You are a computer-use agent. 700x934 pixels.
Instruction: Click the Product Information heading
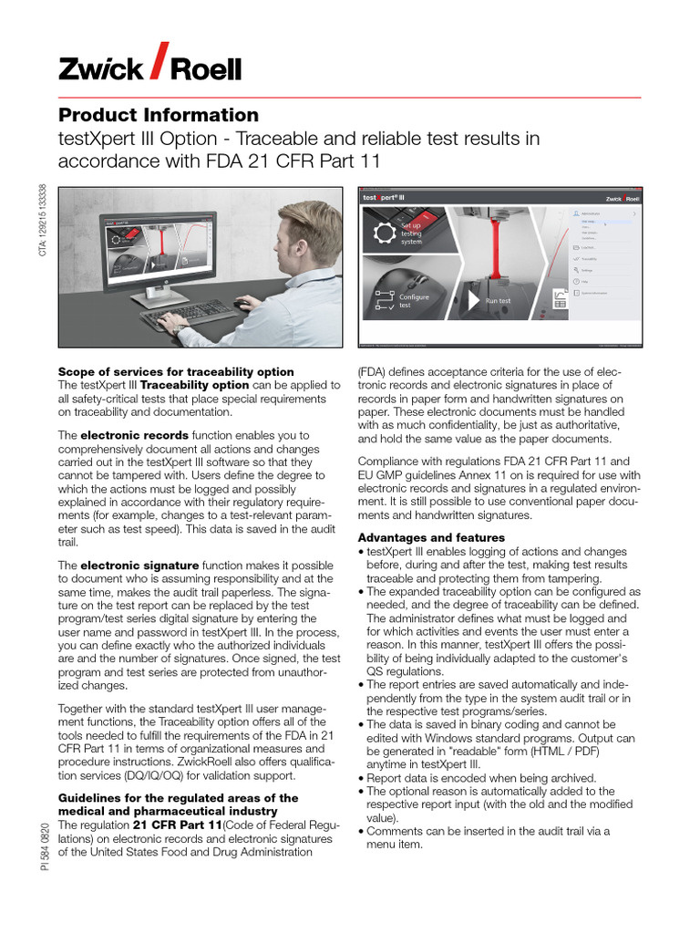coord(159,115)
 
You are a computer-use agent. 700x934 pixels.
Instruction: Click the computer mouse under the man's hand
coord(243,304)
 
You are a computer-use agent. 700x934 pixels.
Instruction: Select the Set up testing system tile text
coord(412,233)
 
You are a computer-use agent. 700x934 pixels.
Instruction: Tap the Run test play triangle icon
coord(472,300)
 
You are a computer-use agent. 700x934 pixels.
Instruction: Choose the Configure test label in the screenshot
coord(414,301)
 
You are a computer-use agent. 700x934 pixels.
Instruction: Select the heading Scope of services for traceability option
coord(176,371)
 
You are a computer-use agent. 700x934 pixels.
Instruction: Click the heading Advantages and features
coord(431,537)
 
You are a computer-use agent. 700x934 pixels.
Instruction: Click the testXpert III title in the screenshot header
coord(384,197)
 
